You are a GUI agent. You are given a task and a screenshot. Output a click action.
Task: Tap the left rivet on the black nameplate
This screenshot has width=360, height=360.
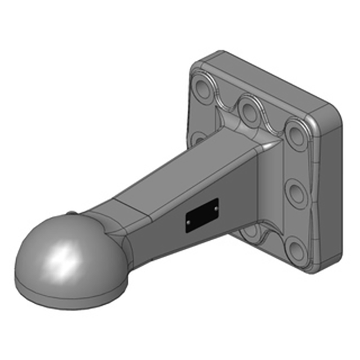[x=188, y=222]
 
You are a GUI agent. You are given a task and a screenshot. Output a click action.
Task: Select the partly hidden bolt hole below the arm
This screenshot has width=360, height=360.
[x=250, y=232]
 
